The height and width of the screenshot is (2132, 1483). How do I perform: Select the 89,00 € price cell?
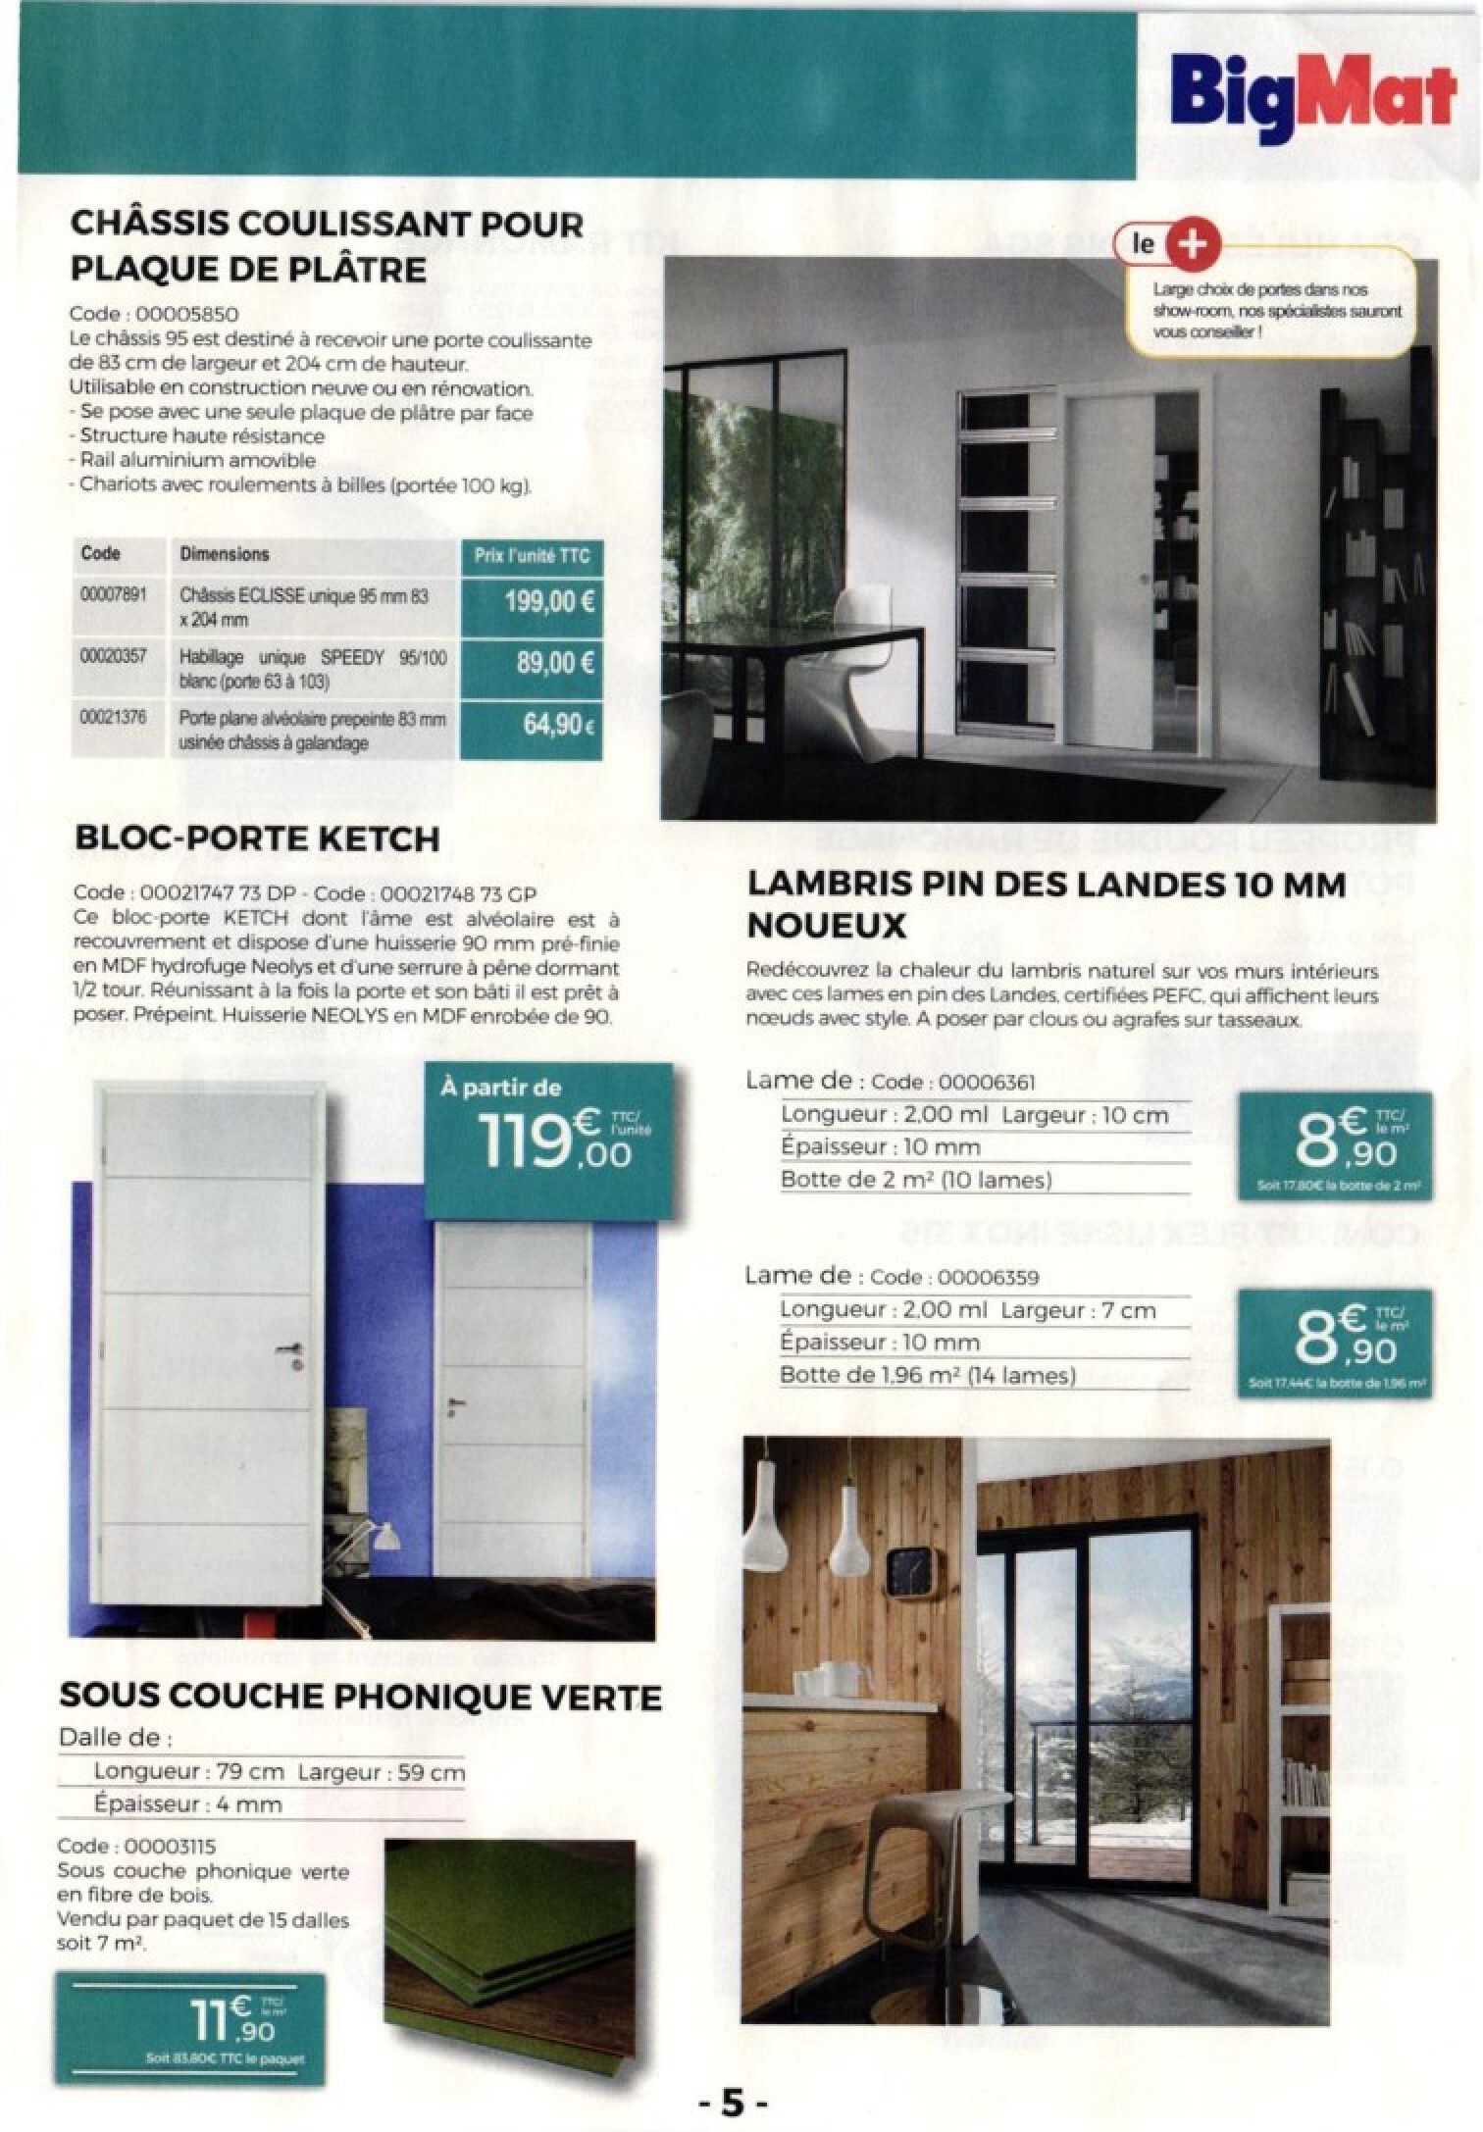click(x=531, y=664)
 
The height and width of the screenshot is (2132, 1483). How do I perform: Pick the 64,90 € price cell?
click(x=531, y=727)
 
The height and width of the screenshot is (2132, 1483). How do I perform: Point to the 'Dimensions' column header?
click(x=224, y=554)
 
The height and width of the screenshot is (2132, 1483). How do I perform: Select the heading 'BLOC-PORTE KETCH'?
click(x=257, y=838)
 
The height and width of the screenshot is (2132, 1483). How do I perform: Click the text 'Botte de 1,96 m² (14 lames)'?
click(x=927, y=1376)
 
